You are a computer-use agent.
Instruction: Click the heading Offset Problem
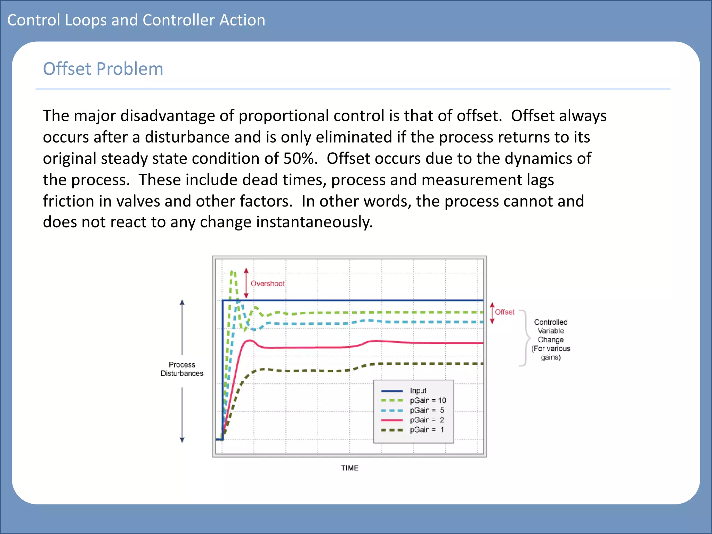tap(103, 68)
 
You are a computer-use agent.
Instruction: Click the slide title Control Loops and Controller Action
tap(136, 20)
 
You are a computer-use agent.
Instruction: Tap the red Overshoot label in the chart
tap(267, 283)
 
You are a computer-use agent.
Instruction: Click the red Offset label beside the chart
tap(504, 312)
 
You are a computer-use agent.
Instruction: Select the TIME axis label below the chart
tap(349, 468)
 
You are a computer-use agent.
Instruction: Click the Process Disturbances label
tap(182, 369)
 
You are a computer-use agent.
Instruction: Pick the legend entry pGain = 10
tap(427, 400)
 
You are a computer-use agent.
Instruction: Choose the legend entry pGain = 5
tap(427, 410)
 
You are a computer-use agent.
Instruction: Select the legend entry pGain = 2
tap(427, 420)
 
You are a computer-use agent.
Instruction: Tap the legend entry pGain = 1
tap(427, 429)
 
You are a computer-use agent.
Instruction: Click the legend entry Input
tap(418, 390)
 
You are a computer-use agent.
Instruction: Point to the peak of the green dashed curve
tap(233, 272)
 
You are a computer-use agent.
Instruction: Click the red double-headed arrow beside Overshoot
tap(246, 283)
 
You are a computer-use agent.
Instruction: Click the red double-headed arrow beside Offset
tap(492, 313)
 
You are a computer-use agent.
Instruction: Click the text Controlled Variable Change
tap(551, 339)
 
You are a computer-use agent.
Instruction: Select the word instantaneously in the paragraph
tap(314, 222)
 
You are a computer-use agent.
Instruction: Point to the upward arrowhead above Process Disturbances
tap(182, 302)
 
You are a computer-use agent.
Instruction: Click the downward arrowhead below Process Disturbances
tap(182, 440)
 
